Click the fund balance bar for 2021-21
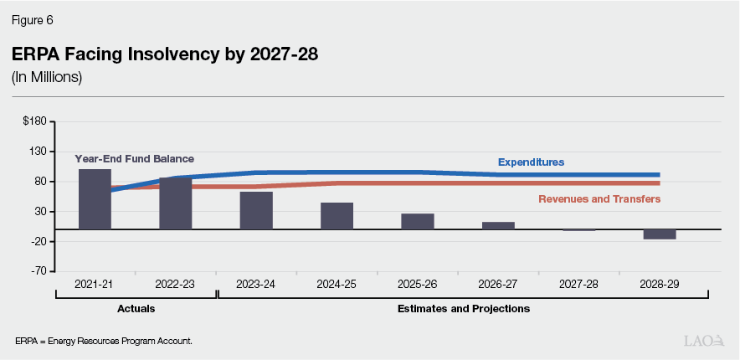pyautogui.click(x=95, y=199)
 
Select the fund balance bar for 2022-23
pyautogui.click(x=175, y=203)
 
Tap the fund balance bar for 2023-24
pyautogui.click(x=256, y=210)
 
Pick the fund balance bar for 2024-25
pyautogui.click(x=337, y=216)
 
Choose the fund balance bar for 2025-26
pyautogui.click(x=417, y=221)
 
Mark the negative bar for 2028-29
pyautogui.click(x=660, y=234)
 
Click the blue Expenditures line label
pyautogui.click(x=531, y=162)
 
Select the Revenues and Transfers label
pyautogui.click(x=599, y=199)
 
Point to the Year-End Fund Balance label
pyautogui.click(x=134, y=158)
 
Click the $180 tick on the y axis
pyautogui.click(x=35, y=121)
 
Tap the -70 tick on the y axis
pyautogui.click(x=38, y=271)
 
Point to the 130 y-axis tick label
pyautogui.click(x=38, y=152)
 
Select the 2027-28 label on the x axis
pyautogui.click(x=579, y=285)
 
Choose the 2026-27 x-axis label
pyautogui.click(x=498, y=285)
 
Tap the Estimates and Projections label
pyautogui.click(x=463, y=309)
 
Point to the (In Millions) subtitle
pyautogui.click(x=46, y=78)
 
